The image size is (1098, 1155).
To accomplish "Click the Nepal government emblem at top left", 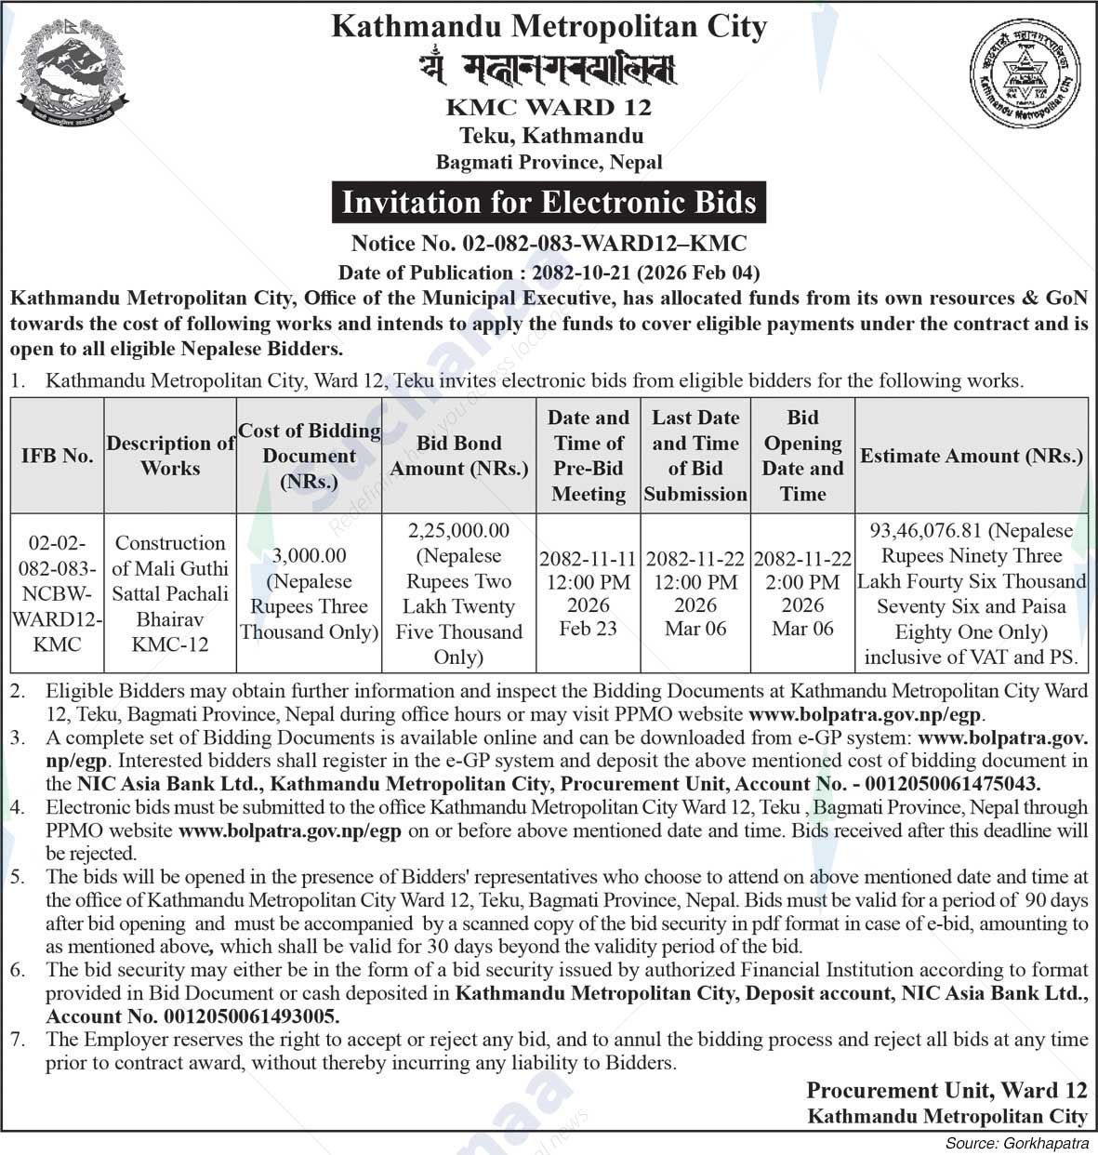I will coord(73,74).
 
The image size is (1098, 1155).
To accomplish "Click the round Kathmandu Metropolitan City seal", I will coord(1029,73).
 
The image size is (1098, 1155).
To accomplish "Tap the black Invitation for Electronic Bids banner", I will coord(549,203).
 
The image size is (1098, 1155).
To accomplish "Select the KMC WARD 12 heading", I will coord(549,108).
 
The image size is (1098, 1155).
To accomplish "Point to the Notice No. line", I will coord(549,244).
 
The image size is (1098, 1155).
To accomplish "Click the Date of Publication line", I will coord(549,272).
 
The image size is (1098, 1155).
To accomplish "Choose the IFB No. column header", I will coord(57,456).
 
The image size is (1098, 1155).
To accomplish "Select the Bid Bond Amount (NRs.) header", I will coord(458,456).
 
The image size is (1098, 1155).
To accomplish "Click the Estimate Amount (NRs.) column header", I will coord(972,456).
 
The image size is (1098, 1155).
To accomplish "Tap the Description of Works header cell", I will coord(170,456).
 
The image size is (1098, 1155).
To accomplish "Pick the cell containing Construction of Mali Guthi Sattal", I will coord(170,593).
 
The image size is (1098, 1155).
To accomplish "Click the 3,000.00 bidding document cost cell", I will coord(310,593).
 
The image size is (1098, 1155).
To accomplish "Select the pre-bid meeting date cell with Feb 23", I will coord(589,593).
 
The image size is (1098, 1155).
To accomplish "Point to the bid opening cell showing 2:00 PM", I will coord(802,593).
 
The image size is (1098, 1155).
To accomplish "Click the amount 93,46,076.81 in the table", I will coord(925,531).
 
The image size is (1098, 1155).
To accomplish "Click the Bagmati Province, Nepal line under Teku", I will coord(549,162).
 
